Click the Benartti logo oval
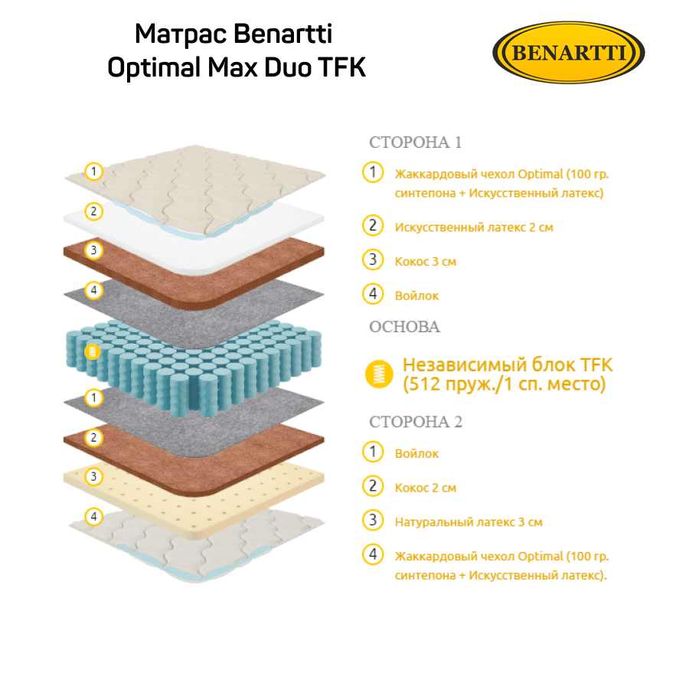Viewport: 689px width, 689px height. (x=570, y=53)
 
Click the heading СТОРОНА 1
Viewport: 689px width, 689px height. (x=416, y=142)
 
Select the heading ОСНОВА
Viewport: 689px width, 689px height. (x=404, y=327)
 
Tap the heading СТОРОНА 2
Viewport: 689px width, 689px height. (x=416, y=422)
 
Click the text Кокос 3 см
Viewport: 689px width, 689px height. (x=425, y=262)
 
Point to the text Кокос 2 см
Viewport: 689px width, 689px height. (x=425, y=488)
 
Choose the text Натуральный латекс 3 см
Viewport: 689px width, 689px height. (x=469, y=522)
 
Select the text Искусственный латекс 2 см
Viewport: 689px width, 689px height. (x=473, y=227)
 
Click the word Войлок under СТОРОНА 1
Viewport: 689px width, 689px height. (x=416, y=296)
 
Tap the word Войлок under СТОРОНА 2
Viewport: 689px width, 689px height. (x=416, y=454)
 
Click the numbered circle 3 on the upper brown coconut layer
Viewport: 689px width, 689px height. (x=93, y=250)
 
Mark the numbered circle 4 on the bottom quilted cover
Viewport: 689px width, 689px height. (x=93, y=517)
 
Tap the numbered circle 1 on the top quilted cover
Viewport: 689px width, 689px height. (x=93, y=171)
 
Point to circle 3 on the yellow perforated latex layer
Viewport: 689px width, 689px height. (x=93, y=477)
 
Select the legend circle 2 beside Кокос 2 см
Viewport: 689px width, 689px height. (x=373, y=486)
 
